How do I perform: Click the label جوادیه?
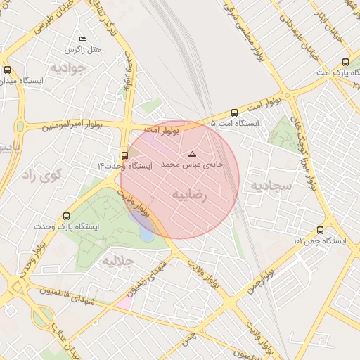click(x=67, y=69)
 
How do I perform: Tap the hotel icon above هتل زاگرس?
click(x=83, y=39)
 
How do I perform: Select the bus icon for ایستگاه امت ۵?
click(x=234, y=112)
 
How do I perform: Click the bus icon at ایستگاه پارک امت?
click(x=345, y=62)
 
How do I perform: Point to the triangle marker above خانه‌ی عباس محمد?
click(x=193, y=153)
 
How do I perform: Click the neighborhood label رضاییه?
click(x=190, y=195)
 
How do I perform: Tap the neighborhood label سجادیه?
click(x=270, y=185)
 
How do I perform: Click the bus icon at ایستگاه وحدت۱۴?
click(x=124, y=155)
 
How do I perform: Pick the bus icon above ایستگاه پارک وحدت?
click(x=67, y=217)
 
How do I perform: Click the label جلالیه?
click(x=118, y=261)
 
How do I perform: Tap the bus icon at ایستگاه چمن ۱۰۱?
click(x=321, y=230)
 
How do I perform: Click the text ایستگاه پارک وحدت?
click(x=67, y=227)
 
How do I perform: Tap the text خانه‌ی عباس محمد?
click(x=192, y=163)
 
